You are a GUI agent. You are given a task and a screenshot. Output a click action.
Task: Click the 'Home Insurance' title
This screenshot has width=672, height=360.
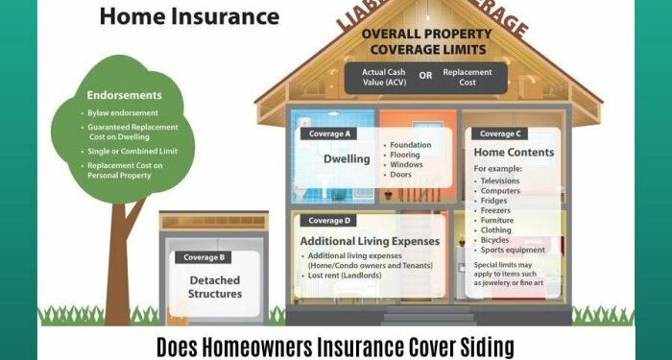pos(189,16)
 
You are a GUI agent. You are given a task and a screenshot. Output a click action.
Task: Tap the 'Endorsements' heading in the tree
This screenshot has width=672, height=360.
pos(125,95)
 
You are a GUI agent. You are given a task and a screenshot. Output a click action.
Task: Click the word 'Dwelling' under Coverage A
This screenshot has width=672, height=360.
pos(347,158)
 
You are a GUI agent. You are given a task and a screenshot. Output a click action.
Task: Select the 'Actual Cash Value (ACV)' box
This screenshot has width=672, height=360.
pos(383,78)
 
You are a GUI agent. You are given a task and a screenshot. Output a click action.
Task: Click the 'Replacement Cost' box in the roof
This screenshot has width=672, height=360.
pos(468,78)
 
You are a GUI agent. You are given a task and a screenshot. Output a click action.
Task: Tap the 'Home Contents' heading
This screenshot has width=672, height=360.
pos(515,152)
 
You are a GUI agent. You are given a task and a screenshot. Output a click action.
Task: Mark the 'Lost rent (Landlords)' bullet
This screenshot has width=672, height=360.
pos(346,276)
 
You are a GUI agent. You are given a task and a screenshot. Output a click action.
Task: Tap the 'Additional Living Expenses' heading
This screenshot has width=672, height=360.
pos(370,240)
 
